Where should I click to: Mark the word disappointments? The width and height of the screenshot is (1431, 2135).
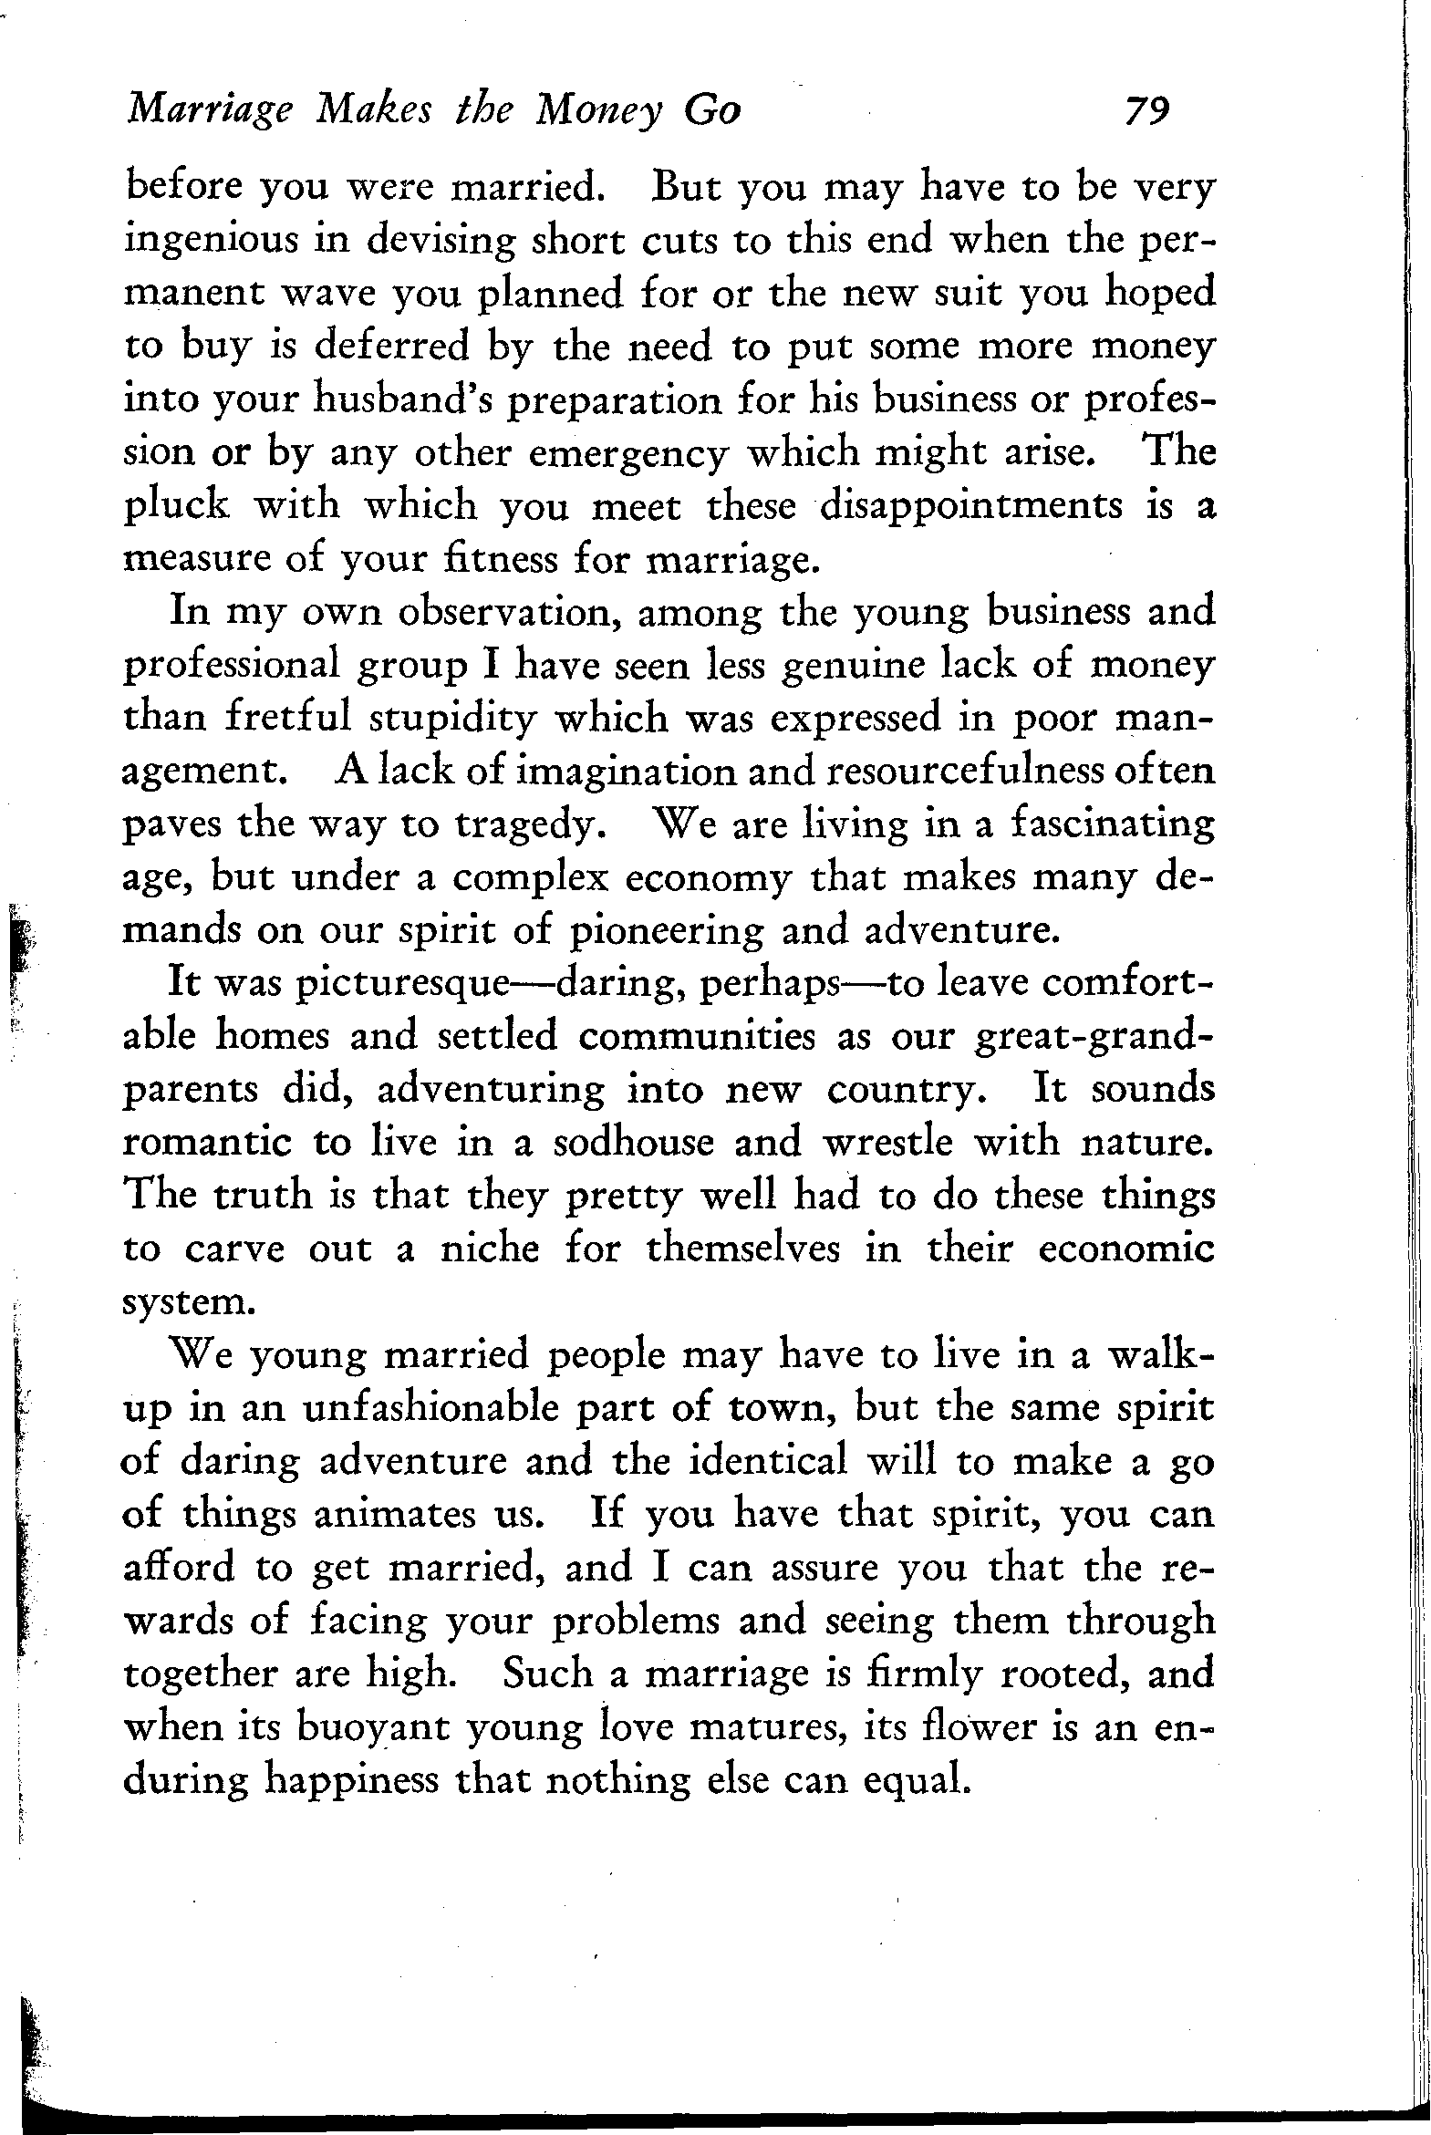[971, 506]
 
